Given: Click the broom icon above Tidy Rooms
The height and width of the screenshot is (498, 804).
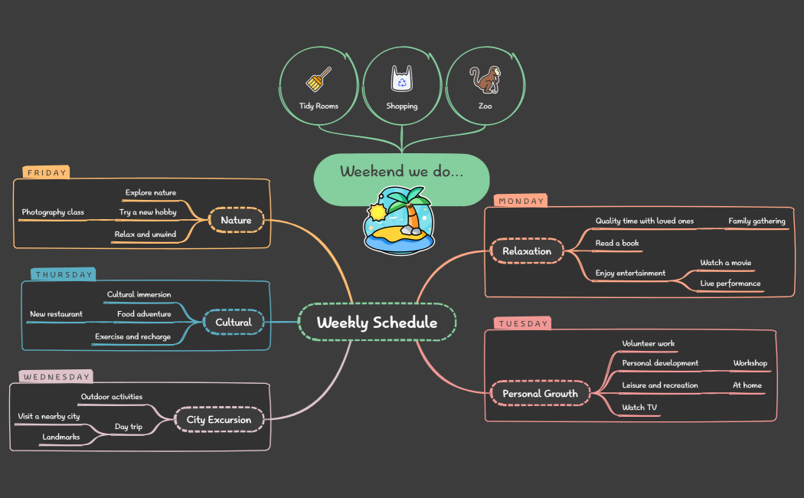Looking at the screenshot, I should [x=319, y=79].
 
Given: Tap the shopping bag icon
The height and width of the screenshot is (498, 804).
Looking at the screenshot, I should [x=402, y=78].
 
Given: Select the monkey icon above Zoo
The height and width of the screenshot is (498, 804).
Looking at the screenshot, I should [x=485, y=79].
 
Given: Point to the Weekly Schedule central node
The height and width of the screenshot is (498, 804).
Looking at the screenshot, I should [x=377, y=323].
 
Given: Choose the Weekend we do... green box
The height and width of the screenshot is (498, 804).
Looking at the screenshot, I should [x=401, y=172].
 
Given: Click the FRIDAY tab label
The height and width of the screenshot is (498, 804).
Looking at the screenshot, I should [x=46, y=173].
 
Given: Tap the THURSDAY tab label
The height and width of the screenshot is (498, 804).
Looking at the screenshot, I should [x=64, y=274].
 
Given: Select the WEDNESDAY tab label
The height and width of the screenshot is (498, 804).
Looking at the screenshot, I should [x=55, y=377].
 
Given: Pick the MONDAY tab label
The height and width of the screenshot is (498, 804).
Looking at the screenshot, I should [x=521, y=201].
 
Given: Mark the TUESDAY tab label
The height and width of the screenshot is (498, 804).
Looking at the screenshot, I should [x=523, y=324].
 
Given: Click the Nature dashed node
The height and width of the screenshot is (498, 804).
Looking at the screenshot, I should [x=236, y=221].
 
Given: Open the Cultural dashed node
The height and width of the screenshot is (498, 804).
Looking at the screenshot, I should [x=234, y=323].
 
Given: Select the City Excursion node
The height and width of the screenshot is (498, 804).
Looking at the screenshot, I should [x=219, y=420].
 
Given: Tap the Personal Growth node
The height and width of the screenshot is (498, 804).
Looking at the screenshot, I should [x=540, y=394].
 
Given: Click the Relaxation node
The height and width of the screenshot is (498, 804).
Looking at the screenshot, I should [x=527, y=251].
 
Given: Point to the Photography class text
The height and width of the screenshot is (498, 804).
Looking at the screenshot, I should [x=53, y=212].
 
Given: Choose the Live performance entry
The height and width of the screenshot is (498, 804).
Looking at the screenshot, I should [x=730, y=283].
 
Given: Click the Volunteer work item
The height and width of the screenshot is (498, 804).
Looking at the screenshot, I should [x=649, y=344].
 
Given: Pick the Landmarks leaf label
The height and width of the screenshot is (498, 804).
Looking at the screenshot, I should [x=61, y=437].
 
